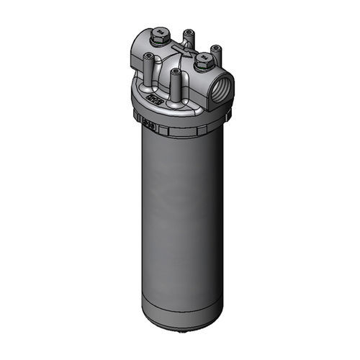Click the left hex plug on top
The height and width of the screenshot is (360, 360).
pos(160,33)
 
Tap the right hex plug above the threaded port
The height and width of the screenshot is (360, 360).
pos(204,60)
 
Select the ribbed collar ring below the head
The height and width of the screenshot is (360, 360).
pos(180,127)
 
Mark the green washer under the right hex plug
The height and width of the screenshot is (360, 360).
pos(204,66)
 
